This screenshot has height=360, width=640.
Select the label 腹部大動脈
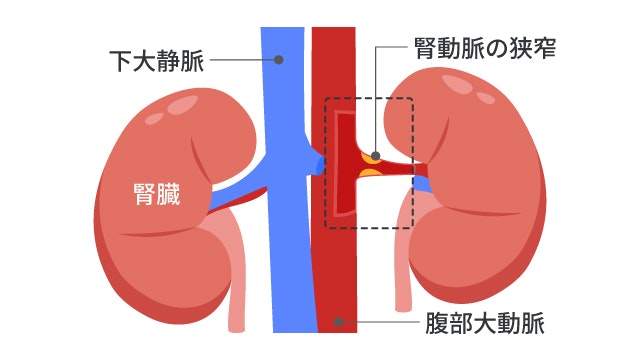click(x=477, y=322)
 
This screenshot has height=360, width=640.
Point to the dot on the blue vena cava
click(x=279, y=61)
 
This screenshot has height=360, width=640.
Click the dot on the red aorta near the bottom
click(x=339, y=322)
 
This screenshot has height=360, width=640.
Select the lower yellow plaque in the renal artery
click(x=370, y=177)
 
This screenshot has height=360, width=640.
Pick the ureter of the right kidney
click(x=404, y=270)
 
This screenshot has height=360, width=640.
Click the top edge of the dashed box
click(x=370, y=97)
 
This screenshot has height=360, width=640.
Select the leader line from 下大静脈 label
click(x=240, y=61)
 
